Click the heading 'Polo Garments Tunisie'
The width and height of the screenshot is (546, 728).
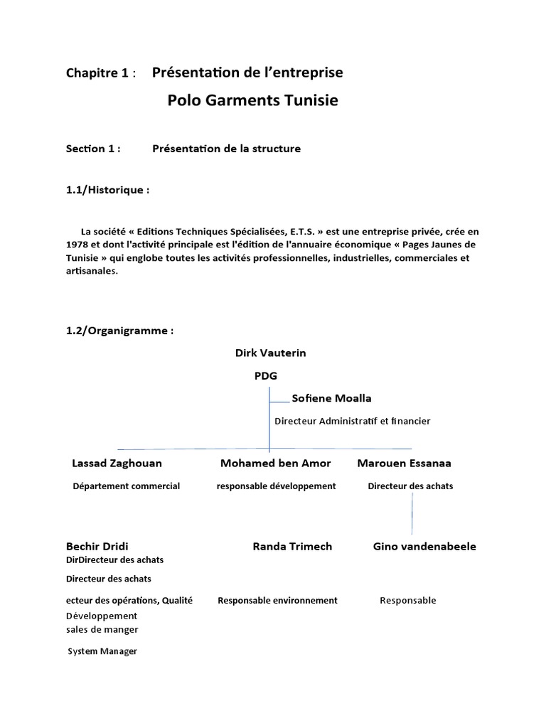click(252, 100)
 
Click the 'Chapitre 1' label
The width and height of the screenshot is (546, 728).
click(97, 73)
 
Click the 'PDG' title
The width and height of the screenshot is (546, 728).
click(266, 376)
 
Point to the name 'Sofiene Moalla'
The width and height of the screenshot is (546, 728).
click(331, 398)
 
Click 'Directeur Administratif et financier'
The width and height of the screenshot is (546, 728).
click(353, 421)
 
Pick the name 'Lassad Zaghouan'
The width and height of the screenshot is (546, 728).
click(117, 464)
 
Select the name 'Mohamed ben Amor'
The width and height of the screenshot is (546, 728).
click(275, 464)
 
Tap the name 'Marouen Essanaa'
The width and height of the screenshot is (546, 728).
click(404, 464)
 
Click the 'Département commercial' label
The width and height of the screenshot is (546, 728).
click(127, 486)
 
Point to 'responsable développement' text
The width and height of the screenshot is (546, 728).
click(276, 486)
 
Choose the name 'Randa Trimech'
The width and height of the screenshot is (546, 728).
click(292, 547)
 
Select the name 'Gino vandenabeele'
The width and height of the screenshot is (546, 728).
click(424, 547)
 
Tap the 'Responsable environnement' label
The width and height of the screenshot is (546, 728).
click(277, 601)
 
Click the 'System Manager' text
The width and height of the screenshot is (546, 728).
click(102, 651)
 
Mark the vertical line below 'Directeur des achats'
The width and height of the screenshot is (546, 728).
click(412, 513)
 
